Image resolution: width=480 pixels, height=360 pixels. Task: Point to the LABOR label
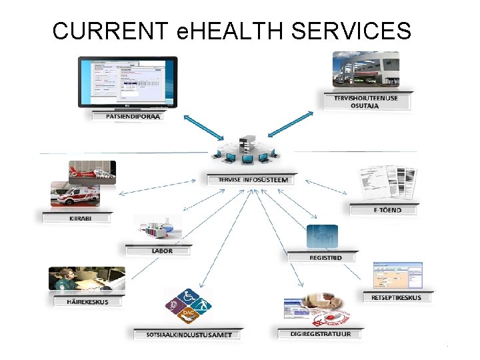tap(161, 251)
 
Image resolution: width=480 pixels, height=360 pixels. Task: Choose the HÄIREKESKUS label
tap(87, 301)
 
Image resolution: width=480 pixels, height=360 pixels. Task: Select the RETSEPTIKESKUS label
tap(396, 297)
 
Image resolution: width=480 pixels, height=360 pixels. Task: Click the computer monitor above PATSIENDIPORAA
tap(128, 82)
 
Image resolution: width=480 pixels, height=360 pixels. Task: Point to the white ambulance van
tap(74, 195)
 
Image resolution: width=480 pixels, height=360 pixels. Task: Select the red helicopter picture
tap(93, 172)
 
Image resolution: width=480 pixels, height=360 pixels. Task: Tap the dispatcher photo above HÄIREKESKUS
tap(87, 279)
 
